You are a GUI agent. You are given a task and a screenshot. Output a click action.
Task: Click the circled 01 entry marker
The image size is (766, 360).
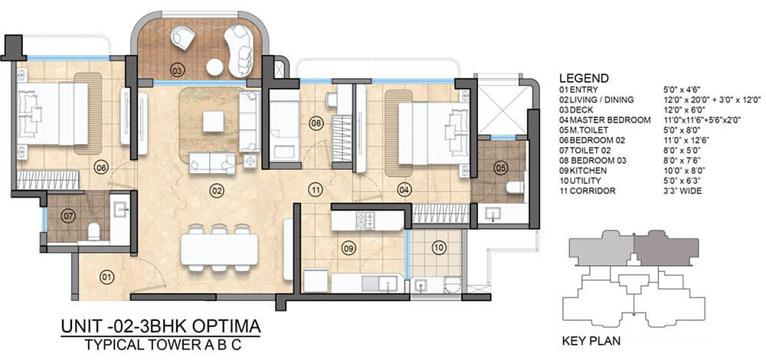click(106, 278)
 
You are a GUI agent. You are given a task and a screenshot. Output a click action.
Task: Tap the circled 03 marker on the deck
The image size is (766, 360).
click(177, 70)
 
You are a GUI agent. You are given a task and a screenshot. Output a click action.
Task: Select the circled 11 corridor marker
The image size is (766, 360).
click(316, 188)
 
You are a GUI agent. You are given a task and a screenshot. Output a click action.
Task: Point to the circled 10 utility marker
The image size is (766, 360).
click(439, 247)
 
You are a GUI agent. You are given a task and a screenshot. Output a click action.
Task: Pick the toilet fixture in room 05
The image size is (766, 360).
click(515, 187)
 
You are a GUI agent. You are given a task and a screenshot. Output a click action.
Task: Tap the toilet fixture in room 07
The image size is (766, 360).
click(93, 231)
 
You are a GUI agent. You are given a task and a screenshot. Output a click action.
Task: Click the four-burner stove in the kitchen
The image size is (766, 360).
click(365, 221)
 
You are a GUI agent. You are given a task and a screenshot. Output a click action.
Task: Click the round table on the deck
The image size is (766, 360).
click(214, 67)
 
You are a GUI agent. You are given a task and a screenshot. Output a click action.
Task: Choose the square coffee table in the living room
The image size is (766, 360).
click(213, 122)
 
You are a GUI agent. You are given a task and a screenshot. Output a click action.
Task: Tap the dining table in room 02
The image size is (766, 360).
click(219, 249)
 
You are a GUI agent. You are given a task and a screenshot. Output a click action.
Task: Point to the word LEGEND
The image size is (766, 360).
click(584, 78)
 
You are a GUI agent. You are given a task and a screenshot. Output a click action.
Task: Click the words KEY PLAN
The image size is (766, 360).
click(591, 340)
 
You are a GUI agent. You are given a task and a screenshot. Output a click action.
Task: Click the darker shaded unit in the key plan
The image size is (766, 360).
click(666, 250)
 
